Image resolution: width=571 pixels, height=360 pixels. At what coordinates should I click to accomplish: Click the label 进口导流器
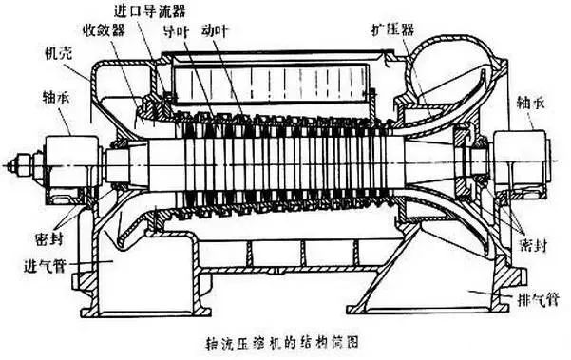[x=150, y=10]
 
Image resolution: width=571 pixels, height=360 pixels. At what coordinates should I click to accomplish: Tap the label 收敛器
[x=105, y=30]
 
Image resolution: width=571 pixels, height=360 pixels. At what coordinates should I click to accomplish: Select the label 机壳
[x=58, y=53]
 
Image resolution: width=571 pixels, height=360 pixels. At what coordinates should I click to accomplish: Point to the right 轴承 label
[x=530, y=104]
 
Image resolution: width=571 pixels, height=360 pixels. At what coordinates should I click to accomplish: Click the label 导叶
[x=177, y=31]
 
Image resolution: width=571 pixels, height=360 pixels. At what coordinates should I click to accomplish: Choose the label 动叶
[x=215, y=31]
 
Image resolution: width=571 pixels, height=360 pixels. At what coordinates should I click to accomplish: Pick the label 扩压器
[x=392, y=29]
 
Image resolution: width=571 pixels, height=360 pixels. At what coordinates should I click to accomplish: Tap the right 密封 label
[x=534, y=245]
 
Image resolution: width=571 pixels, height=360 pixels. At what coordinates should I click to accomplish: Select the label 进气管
[x=45, y=266]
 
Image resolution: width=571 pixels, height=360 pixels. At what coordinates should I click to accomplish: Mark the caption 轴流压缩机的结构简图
[x=282, y=342]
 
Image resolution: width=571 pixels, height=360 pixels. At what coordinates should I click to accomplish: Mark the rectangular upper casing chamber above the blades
[x=270, y=81]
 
